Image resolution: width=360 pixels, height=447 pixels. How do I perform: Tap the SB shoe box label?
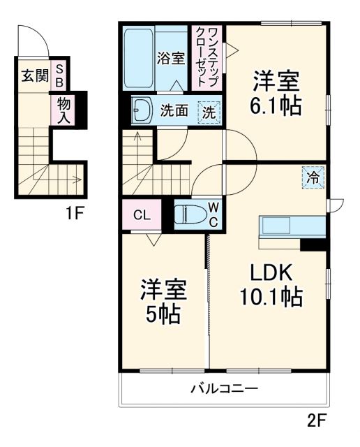(60, 75)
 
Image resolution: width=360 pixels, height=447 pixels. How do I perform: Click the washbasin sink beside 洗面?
(144, 110)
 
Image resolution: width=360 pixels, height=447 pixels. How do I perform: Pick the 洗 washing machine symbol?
(208, 110)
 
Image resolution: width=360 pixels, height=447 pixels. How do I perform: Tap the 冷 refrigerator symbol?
(314, 177)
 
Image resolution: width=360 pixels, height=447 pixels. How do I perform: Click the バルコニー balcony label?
(225, 389)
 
